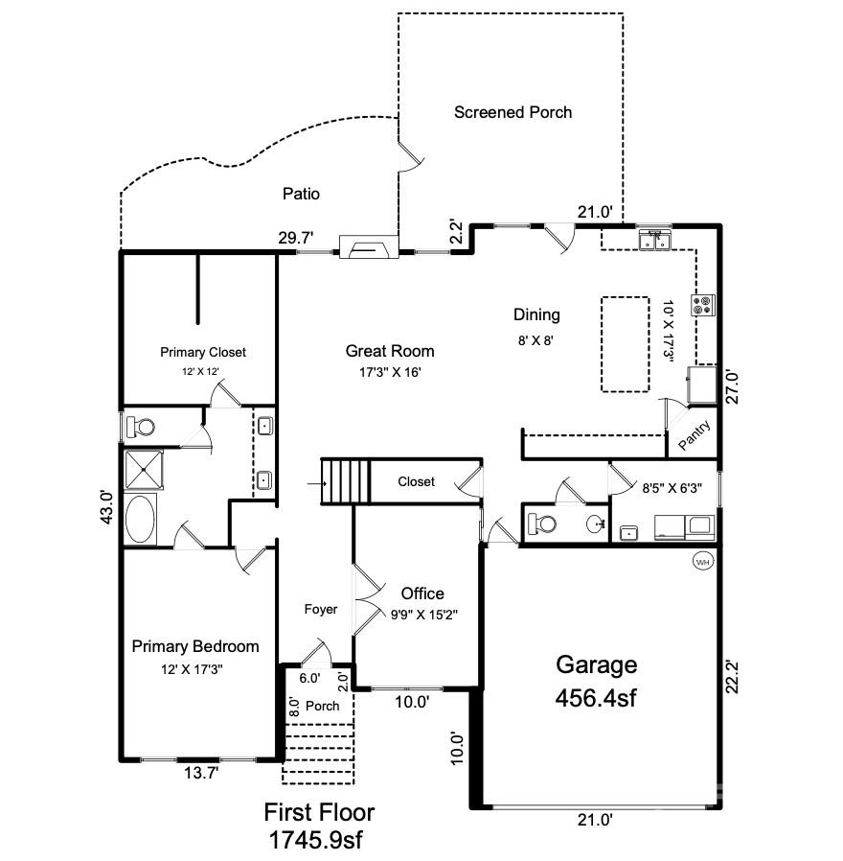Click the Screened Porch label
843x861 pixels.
point(513,112)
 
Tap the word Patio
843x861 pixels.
point(301,194)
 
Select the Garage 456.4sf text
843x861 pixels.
point(596,682)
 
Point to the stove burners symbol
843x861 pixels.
point(705,305)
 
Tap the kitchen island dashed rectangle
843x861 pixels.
point(625,343)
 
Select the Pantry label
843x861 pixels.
point(694,435)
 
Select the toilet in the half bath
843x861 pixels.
point(542,524)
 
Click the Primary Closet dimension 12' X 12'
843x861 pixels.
point(203,369)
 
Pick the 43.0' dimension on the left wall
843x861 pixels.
point(107,507)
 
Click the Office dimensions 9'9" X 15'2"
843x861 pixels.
point(422,615)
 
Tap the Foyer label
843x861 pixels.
point(320,609)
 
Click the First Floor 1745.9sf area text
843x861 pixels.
point(319,826)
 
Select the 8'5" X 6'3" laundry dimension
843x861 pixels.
point(672,487)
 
